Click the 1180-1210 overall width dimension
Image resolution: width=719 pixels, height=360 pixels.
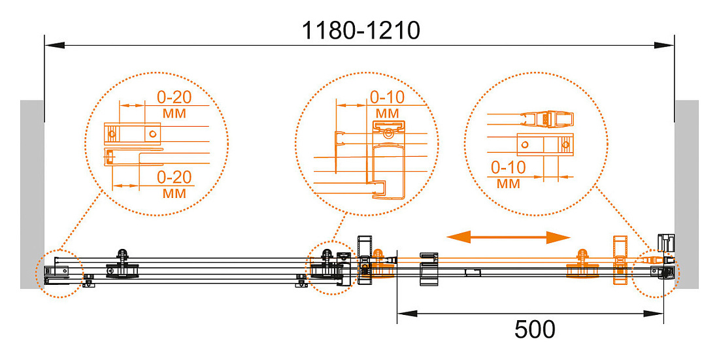click(360, 31)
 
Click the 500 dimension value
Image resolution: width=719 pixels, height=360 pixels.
click(535, 329)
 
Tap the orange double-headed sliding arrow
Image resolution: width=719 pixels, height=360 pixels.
click(508, 237)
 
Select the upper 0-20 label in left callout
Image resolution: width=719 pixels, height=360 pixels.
click(175, 97)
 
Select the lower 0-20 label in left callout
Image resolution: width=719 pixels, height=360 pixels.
click(175, 177)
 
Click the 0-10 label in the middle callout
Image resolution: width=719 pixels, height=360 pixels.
click(388, 97)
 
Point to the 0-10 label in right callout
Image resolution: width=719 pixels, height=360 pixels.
click(508, 167)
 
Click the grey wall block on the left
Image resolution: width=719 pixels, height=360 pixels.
click(31, 195)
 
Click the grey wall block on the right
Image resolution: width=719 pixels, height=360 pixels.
click(686, 195)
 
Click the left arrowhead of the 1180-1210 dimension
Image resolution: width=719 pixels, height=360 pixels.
click(54, 45)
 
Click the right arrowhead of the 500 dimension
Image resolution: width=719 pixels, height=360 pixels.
click(654, 314)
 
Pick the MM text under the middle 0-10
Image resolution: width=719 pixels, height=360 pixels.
click(388, 113)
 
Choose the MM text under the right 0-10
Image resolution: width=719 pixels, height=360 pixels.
click(508, 184)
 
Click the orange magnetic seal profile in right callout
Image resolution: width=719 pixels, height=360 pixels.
click(547, 119)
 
